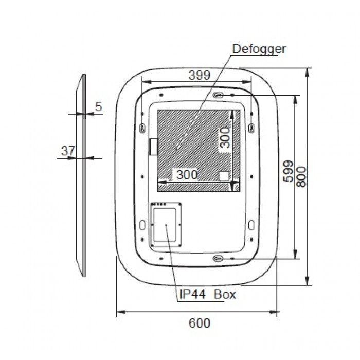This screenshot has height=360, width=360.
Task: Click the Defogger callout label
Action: point(259,49)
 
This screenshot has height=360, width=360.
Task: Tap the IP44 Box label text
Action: point(207,294)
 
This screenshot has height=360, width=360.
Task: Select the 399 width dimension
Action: point(200,75)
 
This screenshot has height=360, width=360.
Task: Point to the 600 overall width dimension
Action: point(200,323)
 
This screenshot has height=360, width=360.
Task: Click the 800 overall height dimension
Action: point(301,176)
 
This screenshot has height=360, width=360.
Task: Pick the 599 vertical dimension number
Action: point(288,171)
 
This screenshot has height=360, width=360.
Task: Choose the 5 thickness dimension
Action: point(99,106)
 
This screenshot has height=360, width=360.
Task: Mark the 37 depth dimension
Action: point(68,151)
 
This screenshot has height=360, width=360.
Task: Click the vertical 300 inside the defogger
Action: point(225,138)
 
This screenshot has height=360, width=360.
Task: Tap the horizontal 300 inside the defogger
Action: point(187,175)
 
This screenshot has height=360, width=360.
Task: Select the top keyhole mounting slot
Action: point(218,95)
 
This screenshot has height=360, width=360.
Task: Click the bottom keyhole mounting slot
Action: point(218,259)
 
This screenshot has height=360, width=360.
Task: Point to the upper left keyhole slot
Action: point(142,128)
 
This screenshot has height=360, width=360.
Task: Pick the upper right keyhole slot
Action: point(251,128)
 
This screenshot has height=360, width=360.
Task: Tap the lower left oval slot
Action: point(142,225)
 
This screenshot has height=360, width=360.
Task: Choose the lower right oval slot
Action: point(251,225)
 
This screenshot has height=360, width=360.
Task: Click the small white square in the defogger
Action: point(224,176)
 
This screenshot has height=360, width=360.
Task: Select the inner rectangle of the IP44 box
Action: point(165,225)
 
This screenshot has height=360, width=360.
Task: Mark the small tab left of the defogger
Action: point(153,147)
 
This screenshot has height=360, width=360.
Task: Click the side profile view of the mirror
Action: point(81,175)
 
